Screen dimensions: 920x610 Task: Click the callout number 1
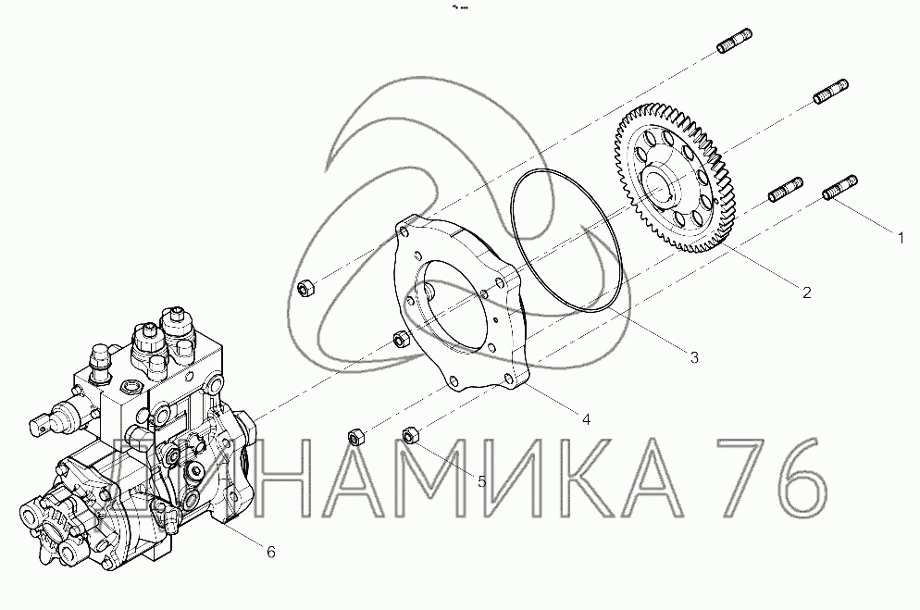pos(901,238)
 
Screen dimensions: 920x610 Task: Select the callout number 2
pos(807,293)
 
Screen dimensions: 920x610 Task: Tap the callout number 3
pos(694,357)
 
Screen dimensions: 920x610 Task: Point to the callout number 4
pos(586,419)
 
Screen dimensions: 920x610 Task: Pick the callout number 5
pos(481,481)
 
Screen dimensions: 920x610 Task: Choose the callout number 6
pos(270,552)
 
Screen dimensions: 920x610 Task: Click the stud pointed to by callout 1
pos(839,188)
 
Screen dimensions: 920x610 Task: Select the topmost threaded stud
pos(735,40)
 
